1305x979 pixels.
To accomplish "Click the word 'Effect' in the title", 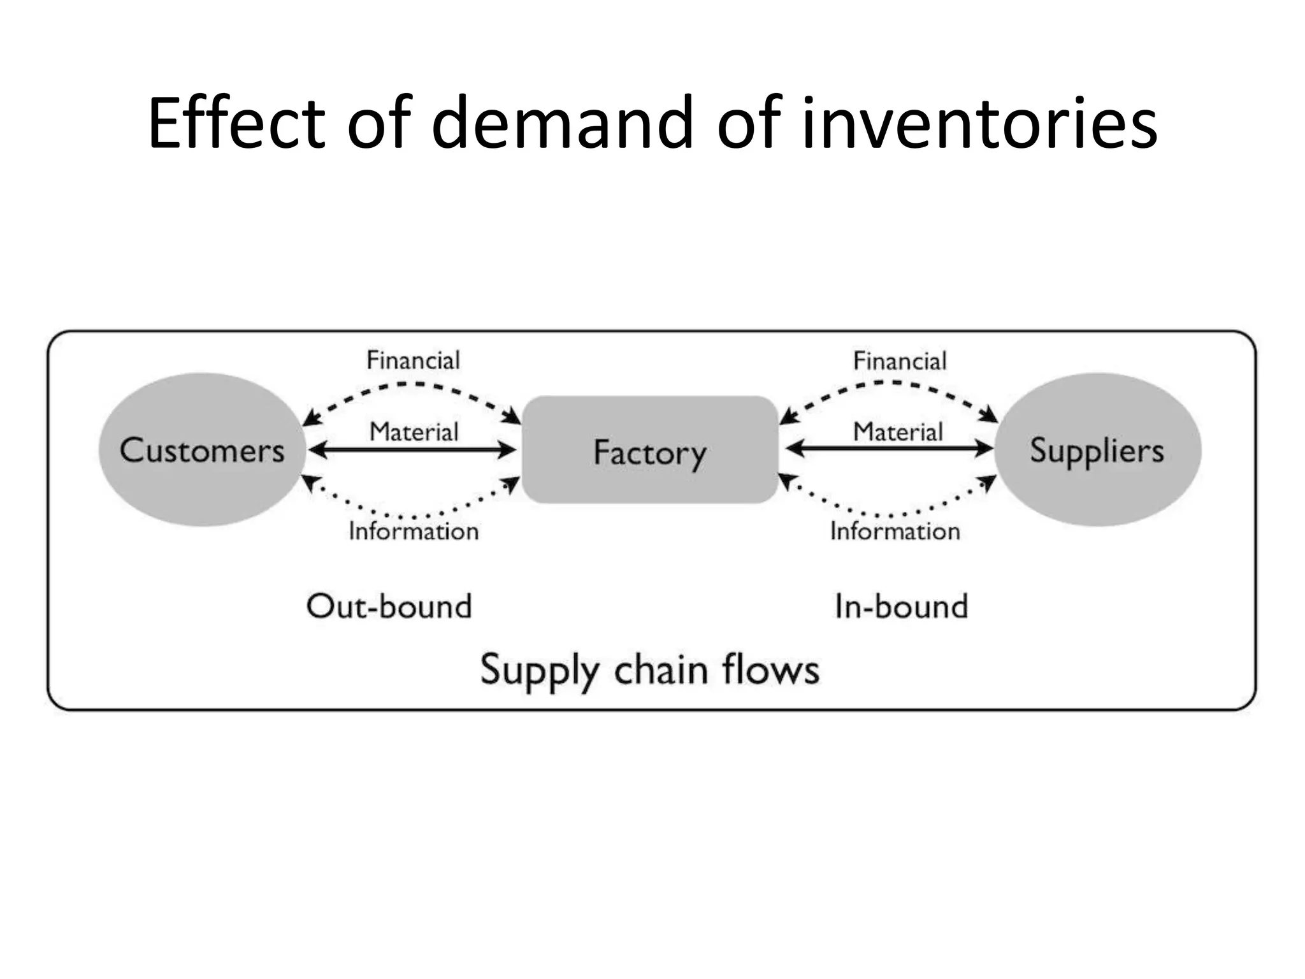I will point(236,122).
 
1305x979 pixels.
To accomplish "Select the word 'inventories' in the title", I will point(979,122).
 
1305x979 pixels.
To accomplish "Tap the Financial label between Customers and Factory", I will point(413,361).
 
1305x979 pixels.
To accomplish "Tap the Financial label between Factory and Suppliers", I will point(900,361).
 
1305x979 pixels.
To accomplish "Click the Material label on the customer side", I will point(414,432).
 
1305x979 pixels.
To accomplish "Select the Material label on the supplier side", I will point(897,432).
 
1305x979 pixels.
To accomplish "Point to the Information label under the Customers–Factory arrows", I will point(414,531).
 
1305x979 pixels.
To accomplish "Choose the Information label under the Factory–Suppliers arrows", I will point(895,531).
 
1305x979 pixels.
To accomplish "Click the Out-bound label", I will point(389,606).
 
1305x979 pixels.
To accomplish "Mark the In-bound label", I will point(901,606).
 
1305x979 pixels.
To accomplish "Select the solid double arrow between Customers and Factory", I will point(413,451).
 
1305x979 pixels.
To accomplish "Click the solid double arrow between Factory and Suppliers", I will point(889,449).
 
